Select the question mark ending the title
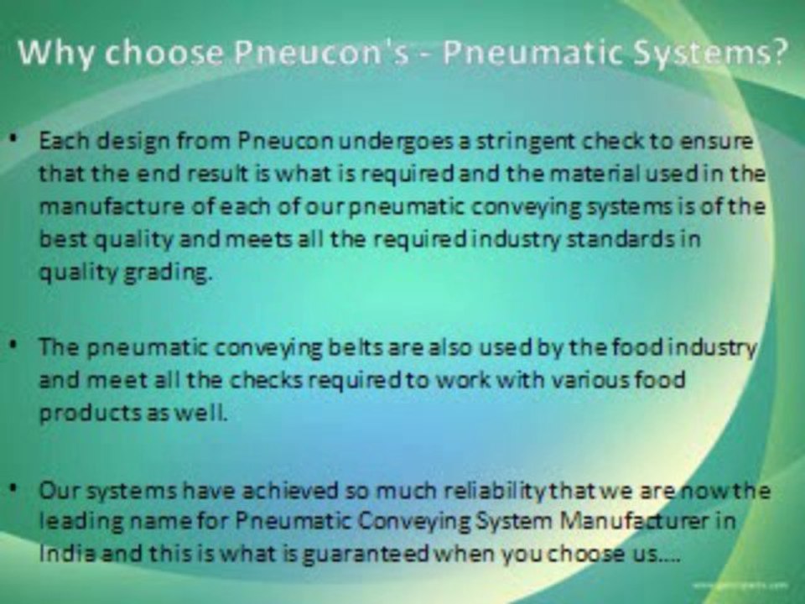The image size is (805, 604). (777, 55)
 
